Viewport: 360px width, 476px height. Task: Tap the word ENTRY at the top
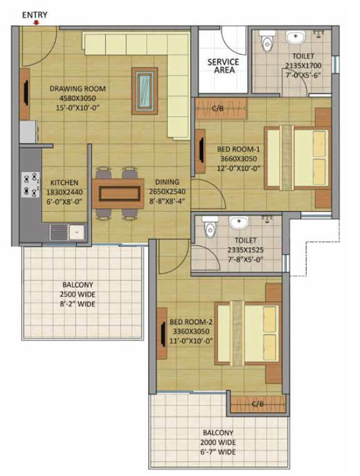34,14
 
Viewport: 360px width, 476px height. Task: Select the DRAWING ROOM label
77,89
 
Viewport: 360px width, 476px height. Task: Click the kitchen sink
67,232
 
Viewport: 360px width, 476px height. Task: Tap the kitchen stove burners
29,184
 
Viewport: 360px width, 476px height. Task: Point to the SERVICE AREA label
223,66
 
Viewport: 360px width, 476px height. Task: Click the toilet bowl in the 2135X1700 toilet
268,43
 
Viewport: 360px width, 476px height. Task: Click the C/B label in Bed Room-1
218,109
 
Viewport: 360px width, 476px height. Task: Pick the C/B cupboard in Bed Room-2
256,404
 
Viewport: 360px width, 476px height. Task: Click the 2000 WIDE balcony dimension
217,442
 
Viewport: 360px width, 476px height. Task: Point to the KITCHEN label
64,183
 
